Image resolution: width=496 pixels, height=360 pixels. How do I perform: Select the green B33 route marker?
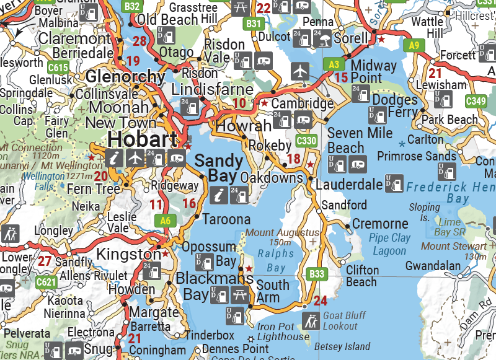[x=317, y=273]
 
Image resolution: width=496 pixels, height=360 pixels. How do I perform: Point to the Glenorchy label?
[x=126, y=77]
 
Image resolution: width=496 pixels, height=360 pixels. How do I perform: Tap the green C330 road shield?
[x=307, y=141]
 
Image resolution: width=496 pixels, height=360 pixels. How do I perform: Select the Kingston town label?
[x=130, y=255]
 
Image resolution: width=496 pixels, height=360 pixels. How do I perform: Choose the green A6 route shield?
[x=164, y=220]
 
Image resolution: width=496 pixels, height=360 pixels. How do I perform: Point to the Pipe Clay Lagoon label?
[x=389, y=244]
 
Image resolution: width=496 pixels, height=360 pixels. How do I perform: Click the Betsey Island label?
[x=342, y=346]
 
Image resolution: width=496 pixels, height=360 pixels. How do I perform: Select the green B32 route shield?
[x=131, y=7]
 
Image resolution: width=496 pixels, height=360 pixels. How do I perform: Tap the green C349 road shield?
[x=476, y=101]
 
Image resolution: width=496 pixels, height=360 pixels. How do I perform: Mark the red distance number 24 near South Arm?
[x=321, y=302]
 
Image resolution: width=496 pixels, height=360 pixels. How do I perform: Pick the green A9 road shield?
[x=414, y=45]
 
